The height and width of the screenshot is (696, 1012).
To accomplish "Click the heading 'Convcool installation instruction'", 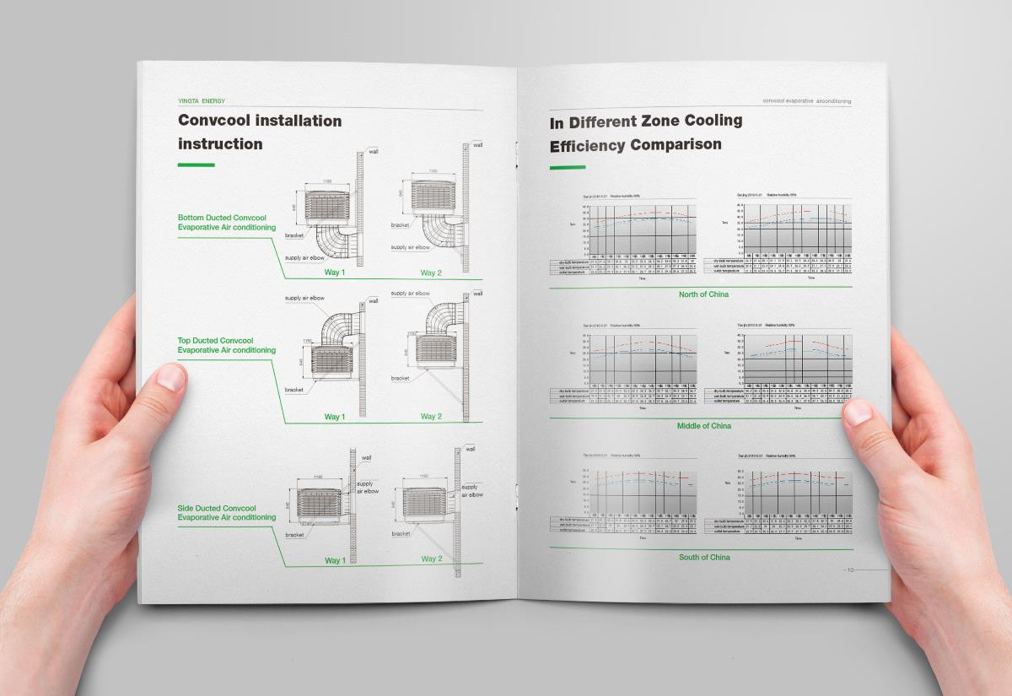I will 260,132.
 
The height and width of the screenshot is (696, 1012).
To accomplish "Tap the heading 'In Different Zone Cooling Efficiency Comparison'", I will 645,133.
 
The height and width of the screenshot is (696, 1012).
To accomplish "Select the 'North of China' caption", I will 703,294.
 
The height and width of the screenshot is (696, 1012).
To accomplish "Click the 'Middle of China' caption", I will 703,426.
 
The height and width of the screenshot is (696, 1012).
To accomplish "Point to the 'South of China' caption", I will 704,558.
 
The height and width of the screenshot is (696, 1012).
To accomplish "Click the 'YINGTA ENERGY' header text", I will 202,101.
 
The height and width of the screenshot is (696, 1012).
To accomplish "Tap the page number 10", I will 850,570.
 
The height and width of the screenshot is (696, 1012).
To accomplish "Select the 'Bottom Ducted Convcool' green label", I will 227,223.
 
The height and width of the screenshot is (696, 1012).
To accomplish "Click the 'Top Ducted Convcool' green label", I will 227,345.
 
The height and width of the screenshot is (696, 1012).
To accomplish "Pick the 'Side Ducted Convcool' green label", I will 227,512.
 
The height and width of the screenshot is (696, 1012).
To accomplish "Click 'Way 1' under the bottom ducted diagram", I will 335,272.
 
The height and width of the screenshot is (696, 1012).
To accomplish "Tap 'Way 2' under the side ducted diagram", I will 431,559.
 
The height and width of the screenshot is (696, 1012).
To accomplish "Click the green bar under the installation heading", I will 196,165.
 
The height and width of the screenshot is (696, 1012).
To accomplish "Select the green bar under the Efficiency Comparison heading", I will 568,167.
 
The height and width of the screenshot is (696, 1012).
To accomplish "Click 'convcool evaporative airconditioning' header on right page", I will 806,101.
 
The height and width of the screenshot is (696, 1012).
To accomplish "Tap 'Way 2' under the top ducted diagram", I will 431,417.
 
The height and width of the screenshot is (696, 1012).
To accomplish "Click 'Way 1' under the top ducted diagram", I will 335,417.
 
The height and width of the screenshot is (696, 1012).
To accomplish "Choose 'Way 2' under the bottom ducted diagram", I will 431,272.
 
